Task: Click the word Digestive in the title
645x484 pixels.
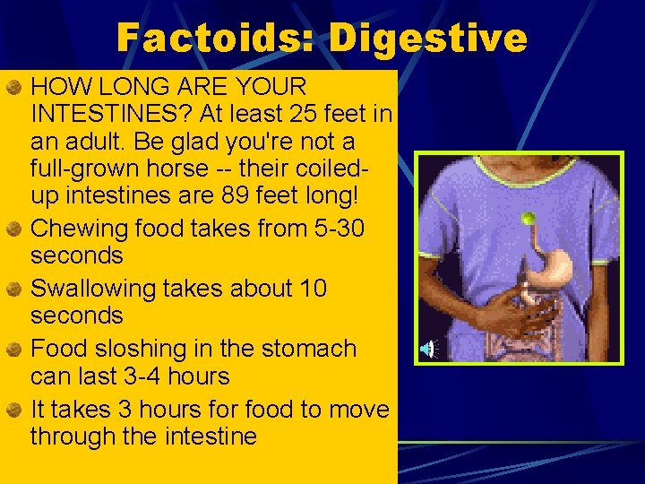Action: click(427, 39)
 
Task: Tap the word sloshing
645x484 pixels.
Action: click(144, 349)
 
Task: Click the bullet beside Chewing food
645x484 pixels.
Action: click(14, 229)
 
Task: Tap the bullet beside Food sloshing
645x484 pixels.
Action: click(14, 350)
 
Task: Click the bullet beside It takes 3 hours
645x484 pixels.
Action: click(14, 410)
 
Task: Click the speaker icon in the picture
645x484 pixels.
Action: click(431, 349)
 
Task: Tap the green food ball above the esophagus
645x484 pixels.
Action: click(529, 219)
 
